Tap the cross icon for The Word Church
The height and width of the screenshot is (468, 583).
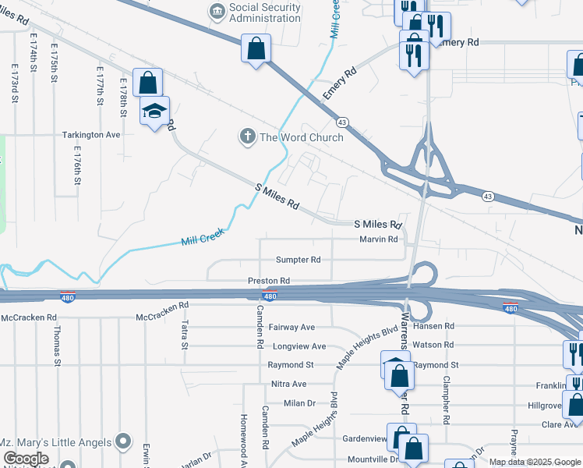[x=247, y=137]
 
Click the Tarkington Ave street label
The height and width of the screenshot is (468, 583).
[x=92, y=135]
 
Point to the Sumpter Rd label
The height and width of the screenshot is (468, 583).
[x=298, y=260]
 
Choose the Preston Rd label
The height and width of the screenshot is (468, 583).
[x=269, y=280]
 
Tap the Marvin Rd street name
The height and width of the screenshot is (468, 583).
[x=378, y=239]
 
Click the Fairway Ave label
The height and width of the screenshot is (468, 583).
[x=291, y=328]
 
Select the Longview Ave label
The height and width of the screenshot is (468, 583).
[x=296, y=346]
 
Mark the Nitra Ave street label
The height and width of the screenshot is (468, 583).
[x=288, y=384]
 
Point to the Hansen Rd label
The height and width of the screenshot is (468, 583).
[x=438, y=326]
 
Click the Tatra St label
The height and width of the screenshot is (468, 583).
[x=185, y=334]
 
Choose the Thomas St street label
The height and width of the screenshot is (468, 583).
[x=57, y=344]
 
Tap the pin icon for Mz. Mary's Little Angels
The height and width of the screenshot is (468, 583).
[x=122, y=442]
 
